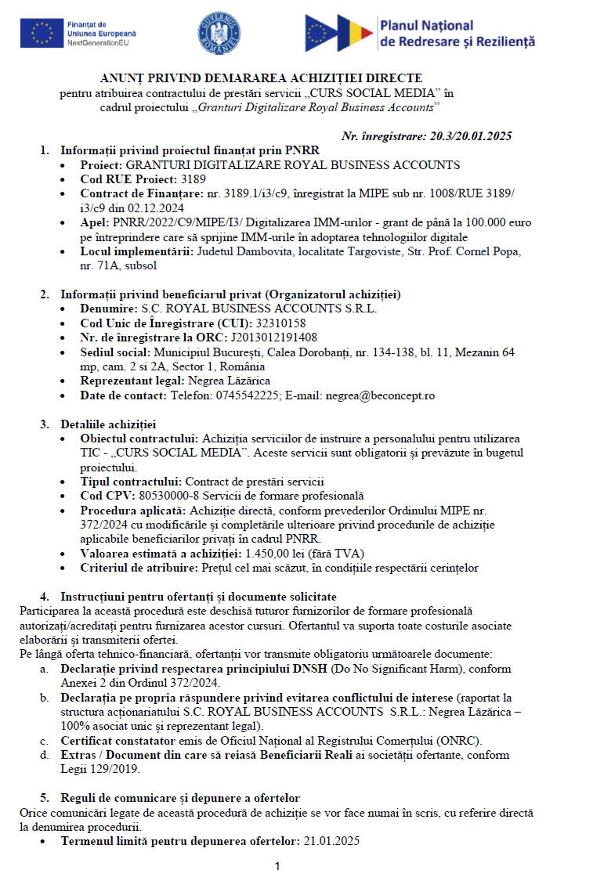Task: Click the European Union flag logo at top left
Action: click(42, 33)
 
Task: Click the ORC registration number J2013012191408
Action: click(273, 337)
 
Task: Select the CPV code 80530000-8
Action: click(166, 496)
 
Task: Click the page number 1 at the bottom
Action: click(277, 866)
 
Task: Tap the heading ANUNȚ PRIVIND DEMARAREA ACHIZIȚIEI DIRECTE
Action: click(261, 78)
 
